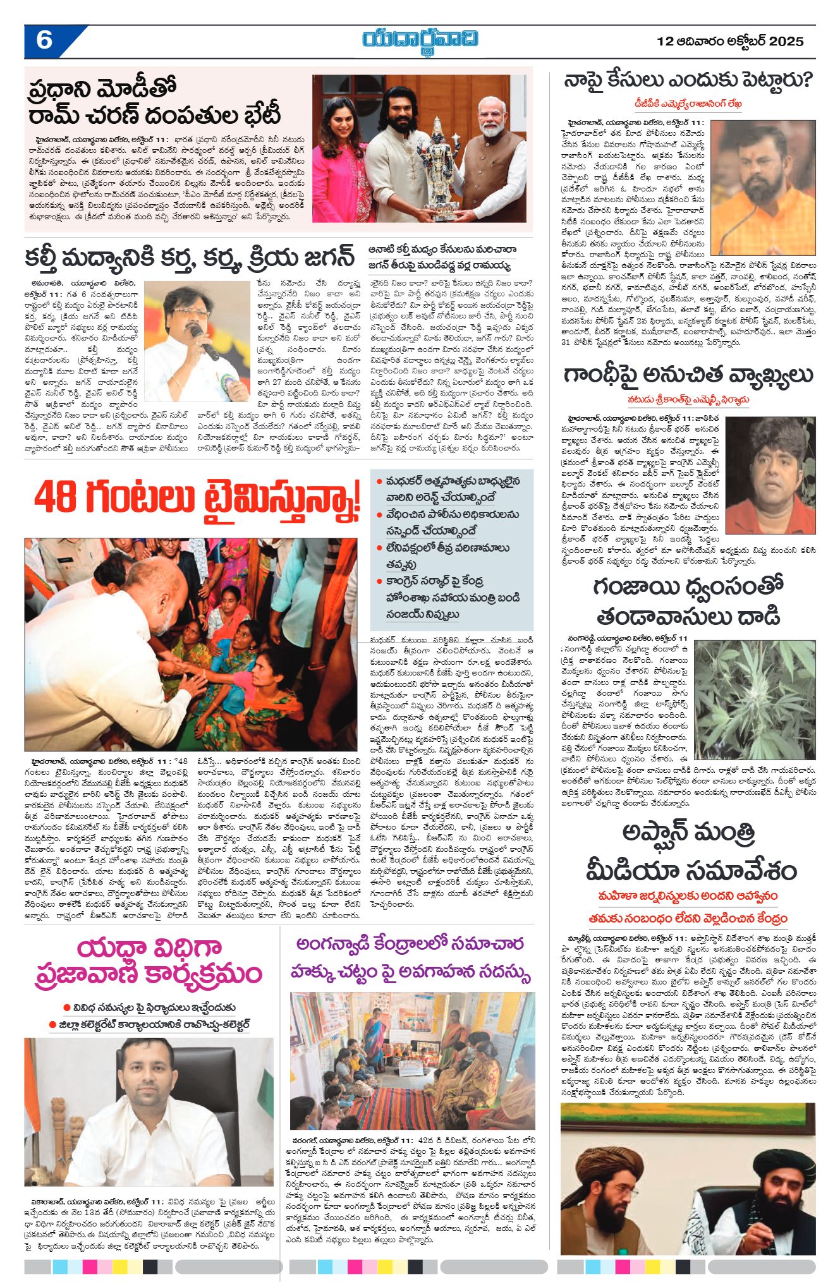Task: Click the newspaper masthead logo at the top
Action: pyautogui.click(x=420, y=40)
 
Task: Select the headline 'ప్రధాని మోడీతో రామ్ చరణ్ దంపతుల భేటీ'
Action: pyautogui.click(x=155, y=102)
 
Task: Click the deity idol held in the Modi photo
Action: pyautogui.click(x=435, y=167)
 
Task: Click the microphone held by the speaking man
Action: pyautogui.click(x=205, y=342)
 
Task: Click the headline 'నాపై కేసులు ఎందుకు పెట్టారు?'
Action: pyautogui.click(x=688, y=82)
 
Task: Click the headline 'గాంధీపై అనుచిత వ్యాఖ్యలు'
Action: pyautogui.click(x=688, y=375)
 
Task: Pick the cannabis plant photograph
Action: pyautogui.click(x=755, y=700)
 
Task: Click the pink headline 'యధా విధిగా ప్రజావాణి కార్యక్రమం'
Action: pyautogui.click(x=149, y=961)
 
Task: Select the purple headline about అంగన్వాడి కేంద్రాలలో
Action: pyautogui.click(x=410, y=958)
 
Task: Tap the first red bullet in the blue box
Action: pyautogui.click(x=379, y=481)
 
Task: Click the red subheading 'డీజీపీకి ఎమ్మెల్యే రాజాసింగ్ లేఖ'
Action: pyautogui.click(x=688, y=104)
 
